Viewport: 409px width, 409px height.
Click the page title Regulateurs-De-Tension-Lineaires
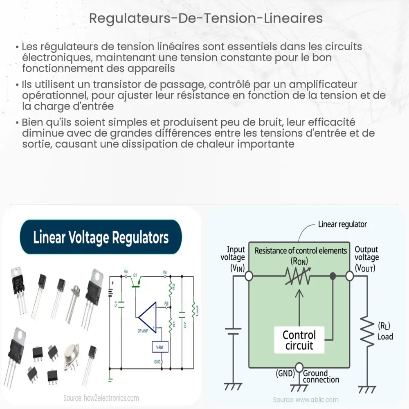tap(206, 19)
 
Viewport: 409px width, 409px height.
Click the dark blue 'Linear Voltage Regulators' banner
tap(101, 237)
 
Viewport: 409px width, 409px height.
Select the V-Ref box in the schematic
tap(160, 348)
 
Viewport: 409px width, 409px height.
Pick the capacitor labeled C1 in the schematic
tap(121, 305)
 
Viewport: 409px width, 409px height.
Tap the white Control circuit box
tap(299, 340)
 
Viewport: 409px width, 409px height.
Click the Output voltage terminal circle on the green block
tap(349, 276)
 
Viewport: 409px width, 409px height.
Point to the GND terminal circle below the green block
tap(299, 366)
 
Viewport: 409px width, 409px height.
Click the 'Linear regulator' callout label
tap(342, 224)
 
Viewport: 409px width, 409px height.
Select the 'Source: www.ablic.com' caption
tap(306, 399)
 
